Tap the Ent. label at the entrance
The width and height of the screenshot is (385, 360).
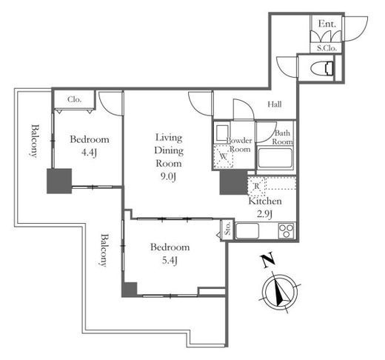tap(327, 24)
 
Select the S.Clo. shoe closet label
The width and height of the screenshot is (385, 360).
tap(327, 48)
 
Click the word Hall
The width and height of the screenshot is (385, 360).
tap(275, 104)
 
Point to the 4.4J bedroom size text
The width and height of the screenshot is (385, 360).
tap(89, 153)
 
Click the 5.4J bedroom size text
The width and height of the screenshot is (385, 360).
tap(170, 261)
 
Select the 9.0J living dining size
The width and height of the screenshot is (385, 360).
tap(169, 177)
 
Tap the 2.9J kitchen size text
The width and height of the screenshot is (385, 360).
tap(264, 214)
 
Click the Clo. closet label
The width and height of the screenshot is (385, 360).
tap(74, 99)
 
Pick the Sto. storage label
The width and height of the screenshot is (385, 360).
tap(227, 228)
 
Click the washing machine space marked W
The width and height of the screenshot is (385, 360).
tap(223, 156)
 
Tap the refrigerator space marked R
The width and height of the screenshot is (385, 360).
tap(257, 186)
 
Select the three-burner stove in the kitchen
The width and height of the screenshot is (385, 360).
tap(286, 230)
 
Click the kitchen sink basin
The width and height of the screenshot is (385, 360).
tap(247, 230)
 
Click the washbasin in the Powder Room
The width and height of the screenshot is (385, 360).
tap(222, 133)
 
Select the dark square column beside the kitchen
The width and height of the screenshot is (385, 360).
tap(234, 182)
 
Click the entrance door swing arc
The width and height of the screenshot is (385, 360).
tap(364, 32)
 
